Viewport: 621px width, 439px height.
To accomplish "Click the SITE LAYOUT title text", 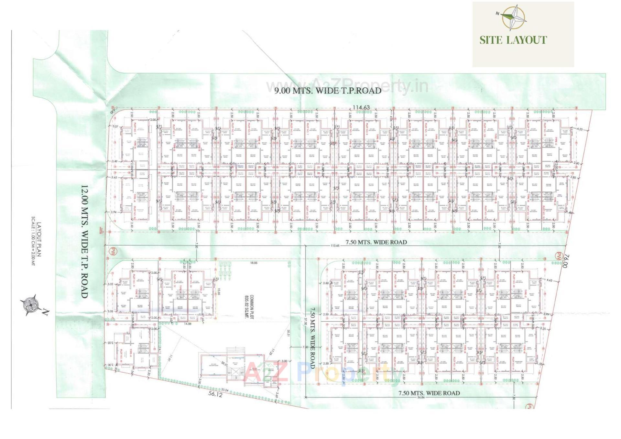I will pyautogui.click(x=513, y=40).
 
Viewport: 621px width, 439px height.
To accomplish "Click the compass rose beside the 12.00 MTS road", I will pyautogui.click(x=31, y=305).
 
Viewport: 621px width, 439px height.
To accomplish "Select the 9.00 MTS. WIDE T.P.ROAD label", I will pyautogui.click(x=328, y=91).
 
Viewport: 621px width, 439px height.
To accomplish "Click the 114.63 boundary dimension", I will pyautogui.click(x=361, y=107).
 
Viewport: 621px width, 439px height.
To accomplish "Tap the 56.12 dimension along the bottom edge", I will pyautogui.click(x=215, y=394).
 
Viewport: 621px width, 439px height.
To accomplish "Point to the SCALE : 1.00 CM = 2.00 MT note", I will pyautogui.click(x=33, y=241).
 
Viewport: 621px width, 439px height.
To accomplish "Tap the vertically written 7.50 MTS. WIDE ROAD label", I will pyautogui.click(x=312, y=338).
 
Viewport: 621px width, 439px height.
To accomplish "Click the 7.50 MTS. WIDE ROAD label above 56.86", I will pyautogui.click(x=429, y=393).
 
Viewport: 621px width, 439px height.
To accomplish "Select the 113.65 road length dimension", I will pyautogui.click(x=335, y=246).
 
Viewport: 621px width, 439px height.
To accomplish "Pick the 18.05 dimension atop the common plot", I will pyautogui.click(x=254, y=263).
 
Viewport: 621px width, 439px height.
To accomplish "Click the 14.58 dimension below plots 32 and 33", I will pyautogui.click(x=188, y=324).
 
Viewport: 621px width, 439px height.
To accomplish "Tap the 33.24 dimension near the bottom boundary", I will pyautogui.click(x=224, y=390).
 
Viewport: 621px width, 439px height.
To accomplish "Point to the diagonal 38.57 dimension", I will pyautogui.click(x=224, y=364).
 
